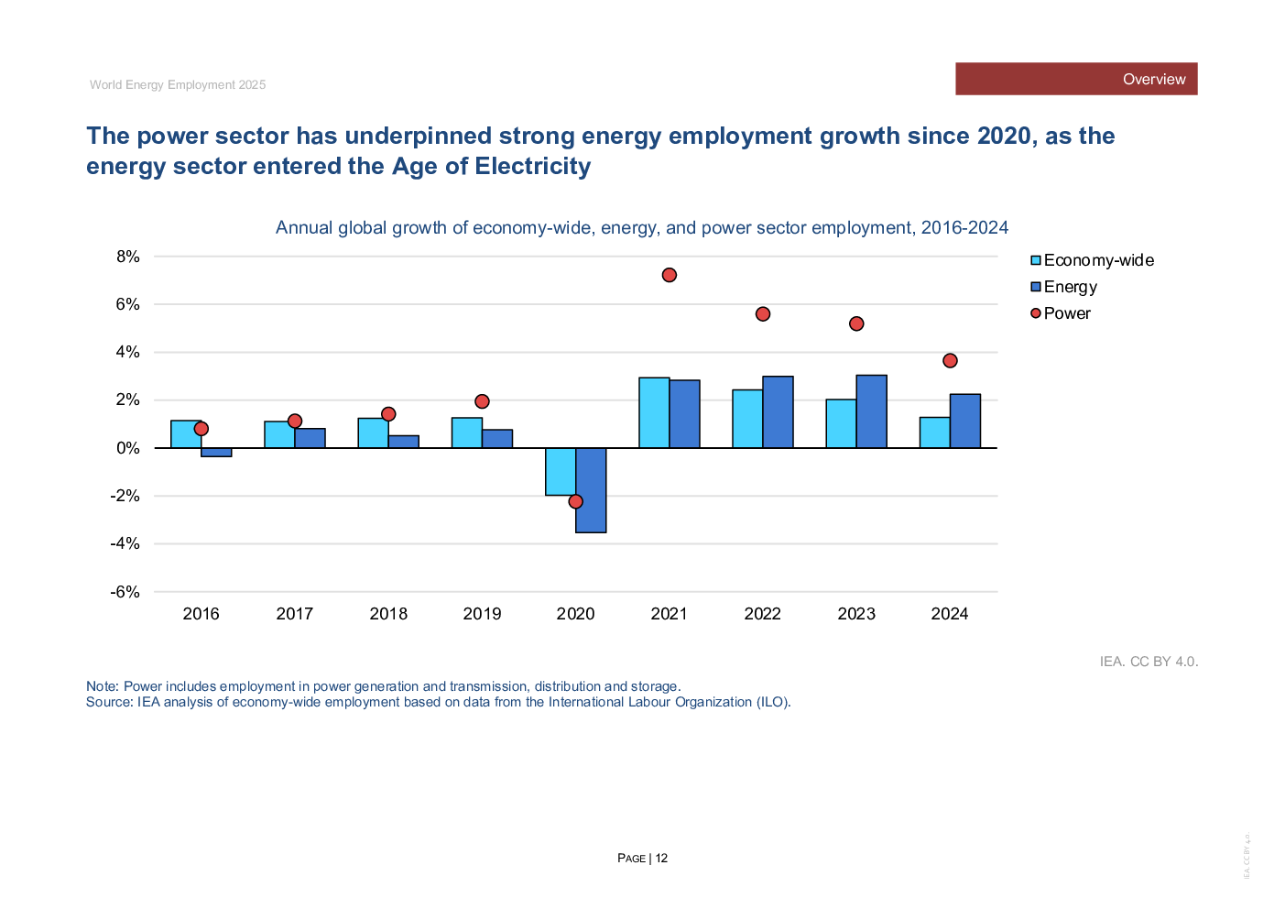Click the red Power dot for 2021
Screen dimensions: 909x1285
pos(669,275)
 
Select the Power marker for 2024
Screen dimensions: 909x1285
pos(950,361)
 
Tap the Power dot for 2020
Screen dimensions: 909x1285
pos(575,501)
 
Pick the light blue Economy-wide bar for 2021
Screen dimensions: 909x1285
pos(654,412)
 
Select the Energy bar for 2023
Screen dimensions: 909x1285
pos(872,411)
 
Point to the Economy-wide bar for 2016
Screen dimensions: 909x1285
pos(186,435)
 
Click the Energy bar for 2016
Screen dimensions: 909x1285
pos(217,452)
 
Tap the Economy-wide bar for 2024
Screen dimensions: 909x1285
pos(934,433)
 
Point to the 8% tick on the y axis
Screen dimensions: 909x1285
pos(128,257)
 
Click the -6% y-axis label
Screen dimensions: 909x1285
pos(125,592)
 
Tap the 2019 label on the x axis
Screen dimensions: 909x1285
pos(482,614)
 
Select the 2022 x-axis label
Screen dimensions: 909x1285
pos(762,614)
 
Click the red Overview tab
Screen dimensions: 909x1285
pos(1076,79)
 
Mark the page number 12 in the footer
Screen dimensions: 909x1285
pos(661,859)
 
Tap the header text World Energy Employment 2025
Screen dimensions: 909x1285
pos(178,84)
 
